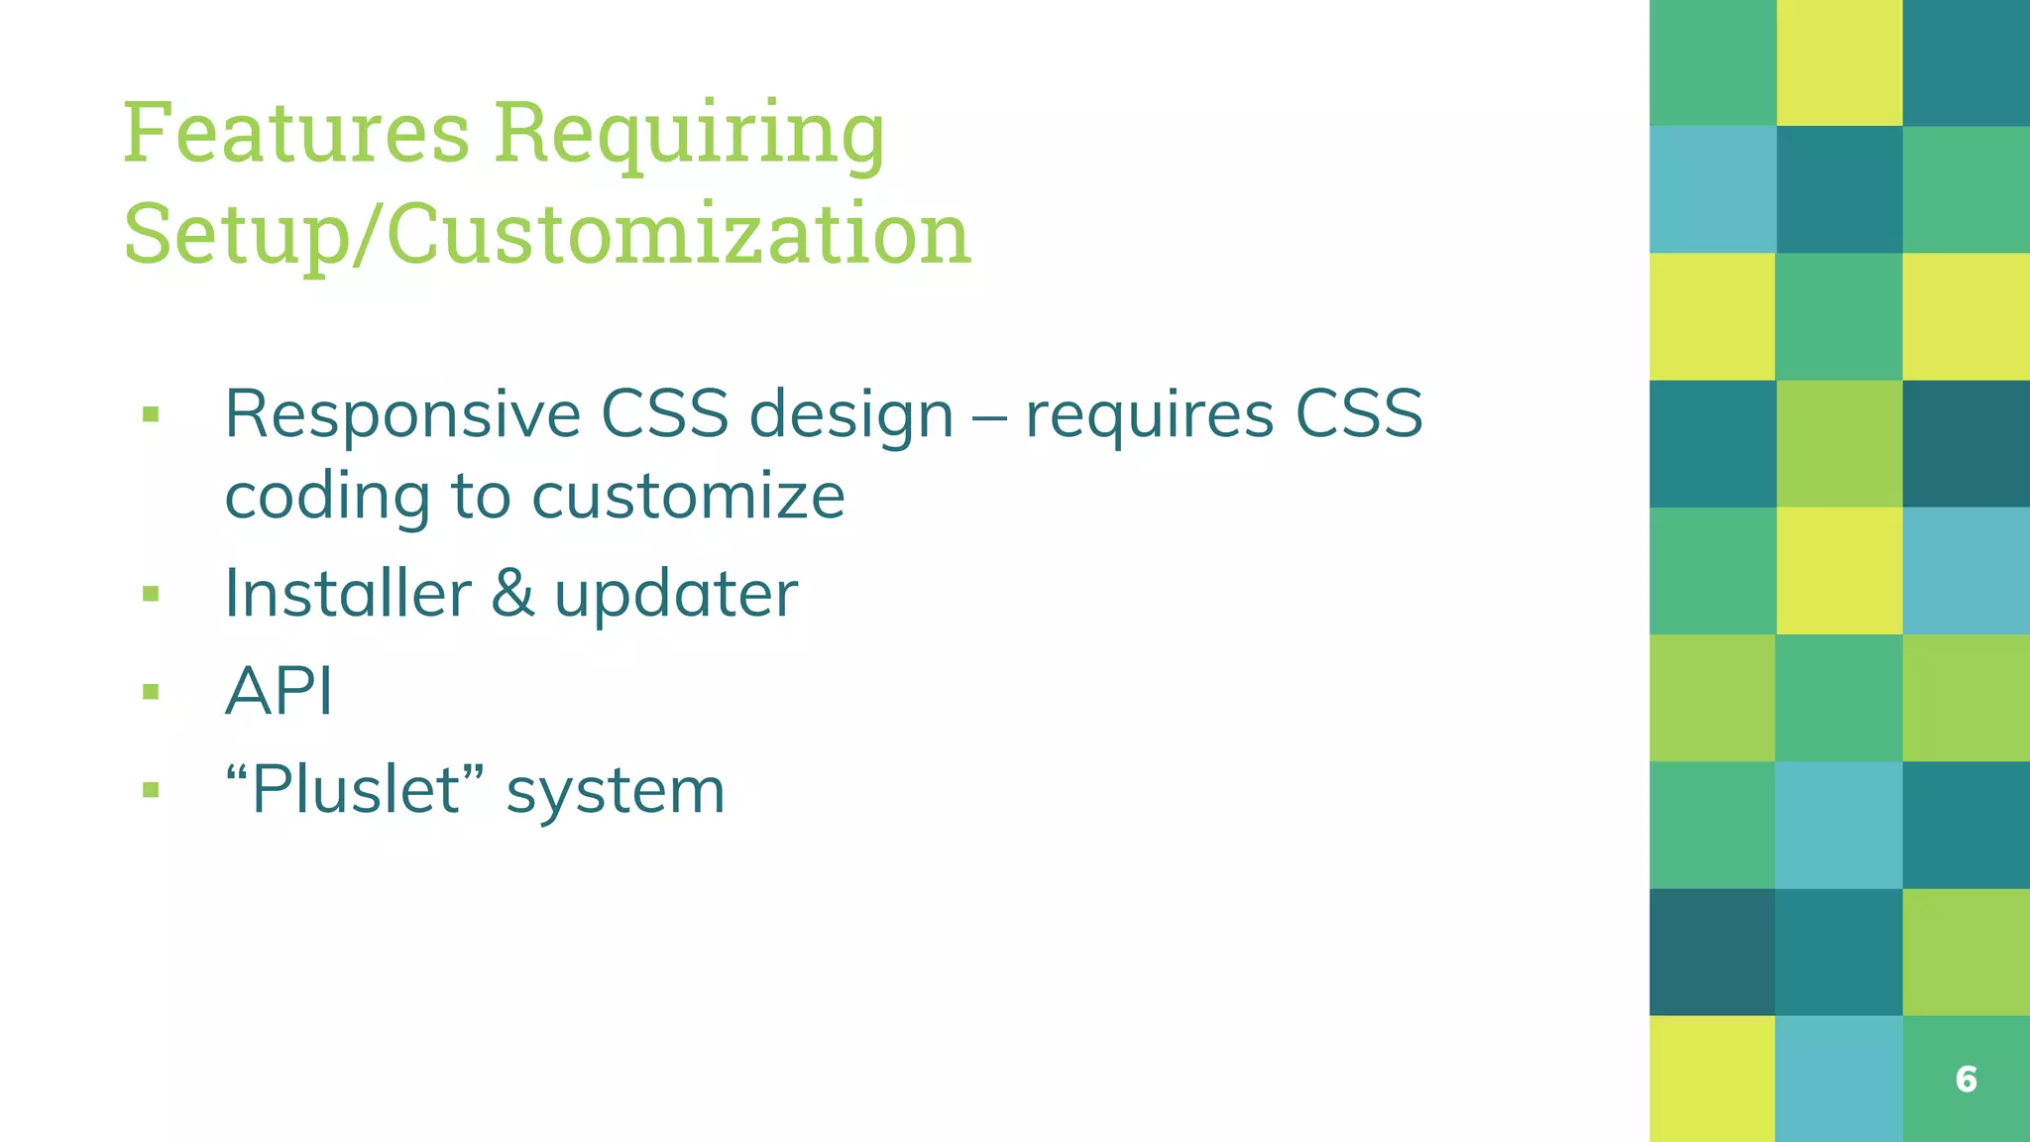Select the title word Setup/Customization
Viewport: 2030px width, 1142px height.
click(546, 234)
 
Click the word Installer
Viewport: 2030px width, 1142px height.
click(347, 594)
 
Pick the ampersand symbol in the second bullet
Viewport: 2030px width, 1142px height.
click(511, 594)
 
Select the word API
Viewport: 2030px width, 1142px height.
click(279, 691)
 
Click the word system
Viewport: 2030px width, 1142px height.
click(616, 792)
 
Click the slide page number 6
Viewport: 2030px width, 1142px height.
click(1966, 1080)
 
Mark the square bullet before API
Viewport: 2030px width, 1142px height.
click(151, 691)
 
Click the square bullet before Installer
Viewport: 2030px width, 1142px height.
click(151, 594)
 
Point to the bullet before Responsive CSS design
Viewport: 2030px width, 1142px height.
click(151, 413)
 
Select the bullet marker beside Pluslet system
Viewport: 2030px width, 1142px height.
click(151, 790)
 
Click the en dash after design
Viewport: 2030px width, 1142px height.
click(988, 417)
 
